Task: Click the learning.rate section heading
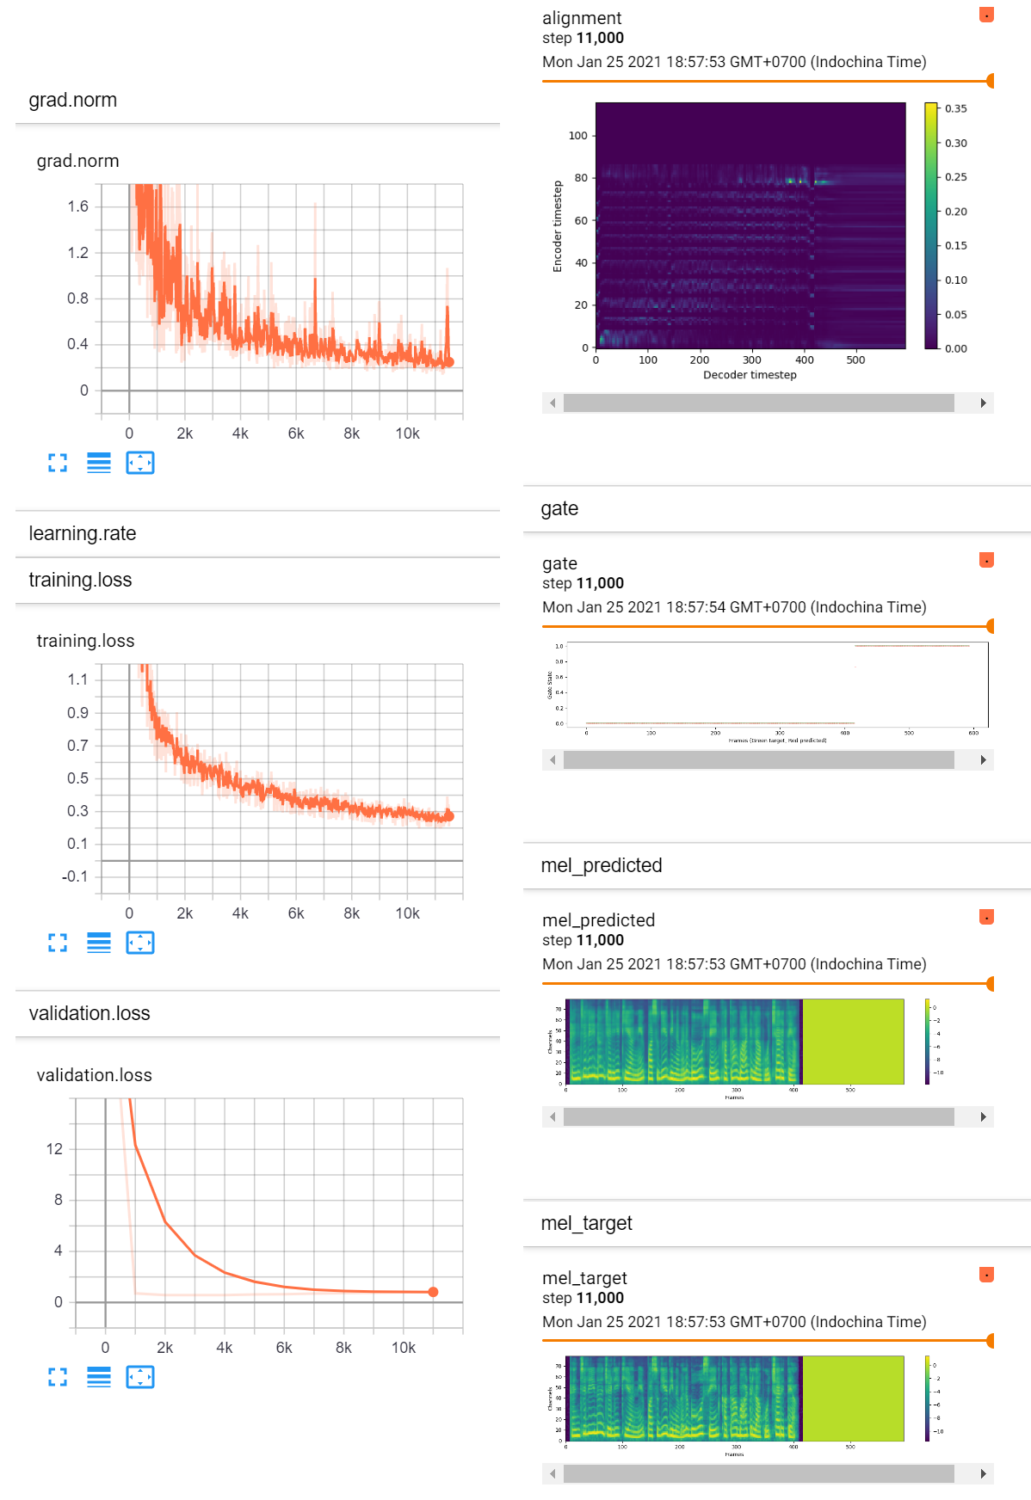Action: point(83,533)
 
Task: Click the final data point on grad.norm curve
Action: point(448,362)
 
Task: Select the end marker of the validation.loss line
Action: point(433,1292)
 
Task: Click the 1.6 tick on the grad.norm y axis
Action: point(77,206)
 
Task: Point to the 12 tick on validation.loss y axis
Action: point(54,1149)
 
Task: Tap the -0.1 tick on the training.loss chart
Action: point(75,876)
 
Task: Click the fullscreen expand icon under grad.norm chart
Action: point(58,463)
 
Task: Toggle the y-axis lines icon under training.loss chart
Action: point(99,943)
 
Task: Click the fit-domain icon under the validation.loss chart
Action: point(140,1377)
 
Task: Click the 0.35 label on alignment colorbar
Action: point(955,108)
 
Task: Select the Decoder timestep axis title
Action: point(750,375)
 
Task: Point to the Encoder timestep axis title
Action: point(557,226)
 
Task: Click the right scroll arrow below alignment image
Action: point(983,403)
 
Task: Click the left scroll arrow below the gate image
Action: point(553,759)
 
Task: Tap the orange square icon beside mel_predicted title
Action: point(987,917)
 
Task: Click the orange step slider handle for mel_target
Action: point(991,1340)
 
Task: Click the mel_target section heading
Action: point(586,1223)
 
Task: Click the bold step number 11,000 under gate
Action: point(600,583)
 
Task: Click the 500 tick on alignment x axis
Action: point(855,360)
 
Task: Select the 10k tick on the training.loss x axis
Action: point(407,913)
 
